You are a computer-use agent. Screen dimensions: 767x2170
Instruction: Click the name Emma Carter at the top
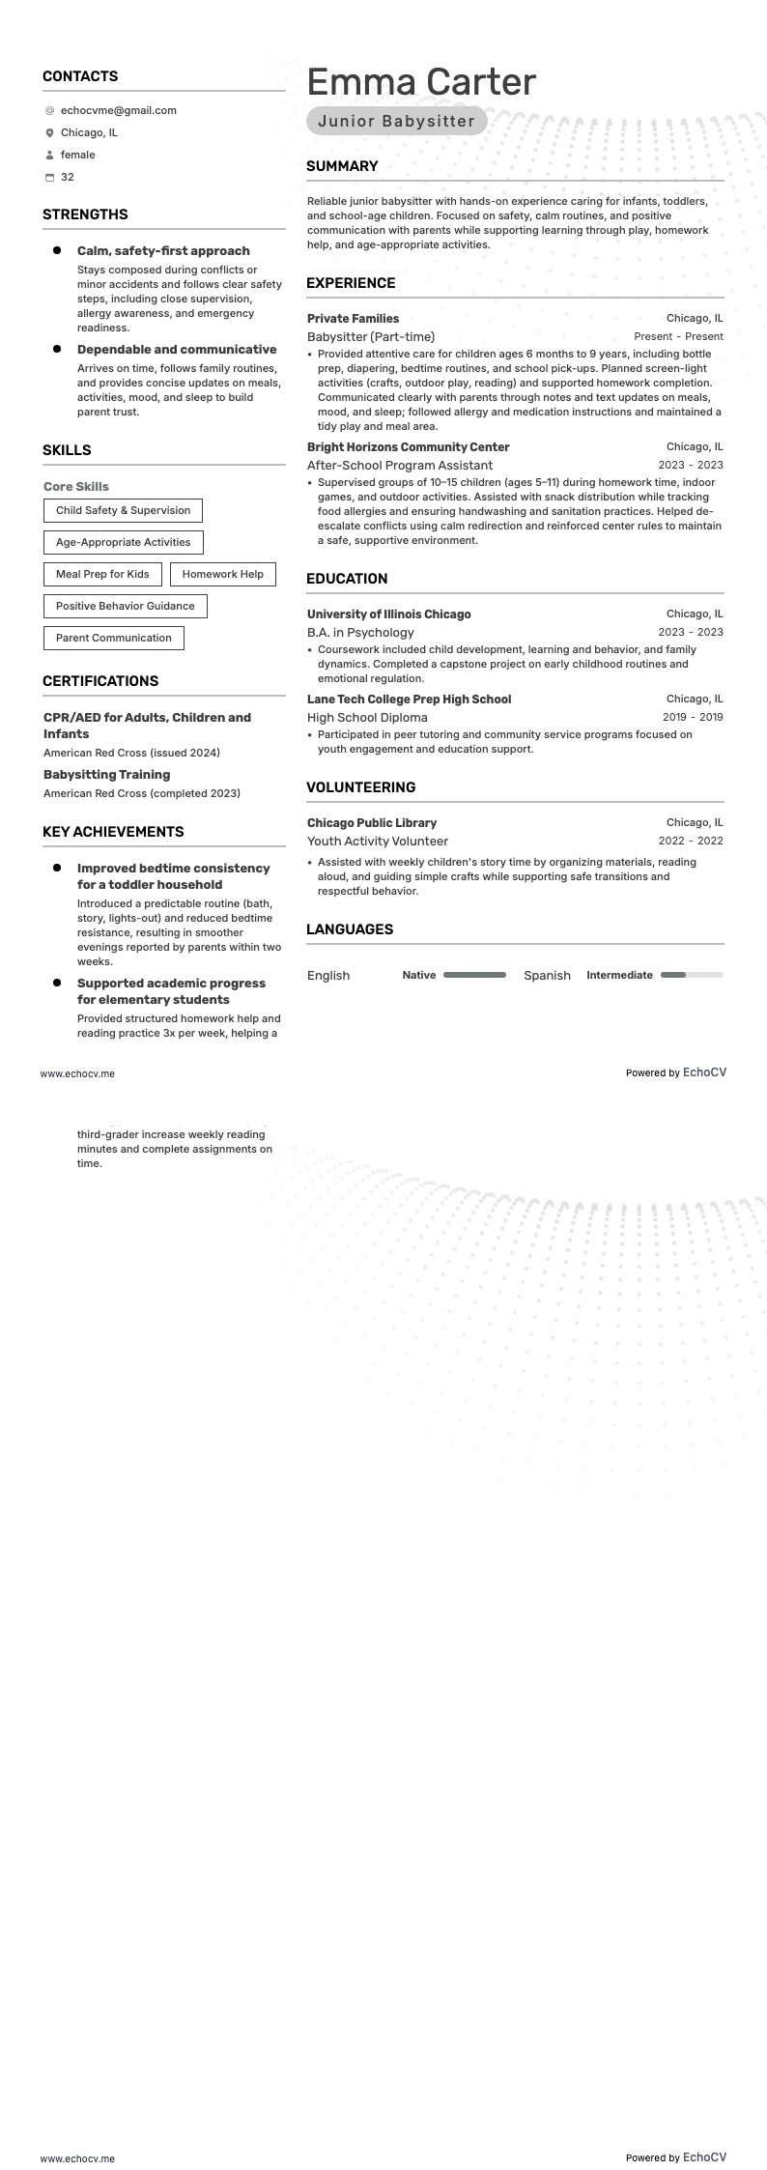click(421, 82)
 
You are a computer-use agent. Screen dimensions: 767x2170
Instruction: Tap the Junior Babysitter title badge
click(396, 121)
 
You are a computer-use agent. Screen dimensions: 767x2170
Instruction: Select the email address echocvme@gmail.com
click(119, 110)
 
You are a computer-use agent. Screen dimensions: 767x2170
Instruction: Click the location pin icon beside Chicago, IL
click(49, 133)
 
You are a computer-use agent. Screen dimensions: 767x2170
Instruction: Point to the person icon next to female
click(49, 156)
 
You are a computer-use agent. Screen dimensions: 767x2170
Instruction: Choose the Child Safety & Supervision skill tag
click(123, 510)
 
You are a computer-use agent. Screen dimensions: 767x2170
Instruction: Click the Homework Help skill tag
click(222, 574)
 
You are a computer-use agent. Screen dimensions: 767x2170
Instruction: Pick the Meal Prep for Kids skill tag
click(102, 574)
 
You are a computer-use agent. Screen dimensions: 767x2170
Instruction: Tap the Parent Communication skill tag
click(113, 638)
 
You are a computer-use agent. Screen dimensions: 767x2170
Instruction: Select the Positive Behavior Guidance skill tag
click(125, 606)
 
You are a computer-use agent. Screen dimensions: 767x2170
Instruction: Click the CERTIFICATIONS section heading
click(100, 681)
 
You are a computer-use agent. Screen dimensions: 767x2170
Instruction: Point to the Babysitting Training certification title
click(106, 775)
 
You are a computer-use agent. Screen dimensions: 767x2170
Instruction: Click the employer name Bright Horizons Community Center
click(408, 447)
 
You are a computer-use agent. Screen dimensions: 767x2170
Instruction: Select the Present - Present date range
click(678, 336)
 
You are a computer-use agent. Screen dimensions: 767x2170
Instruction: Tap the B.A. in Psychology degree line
click(360, 632)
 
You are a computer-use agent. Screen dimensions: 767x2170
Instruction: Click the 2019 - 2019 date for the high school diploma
click(693, 717)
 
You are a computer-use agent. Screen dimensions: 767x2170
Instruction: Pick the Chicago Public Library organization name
click(372, 823)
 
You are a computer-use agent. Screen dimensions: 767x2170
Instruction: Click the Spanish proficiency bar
click(692, 975)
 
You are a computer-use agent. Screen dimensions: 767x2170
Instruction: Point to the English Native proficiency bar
click(474, 975)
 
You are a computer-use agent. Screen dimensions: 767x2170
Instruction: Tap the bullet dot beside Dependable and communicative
click(57, 349)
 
